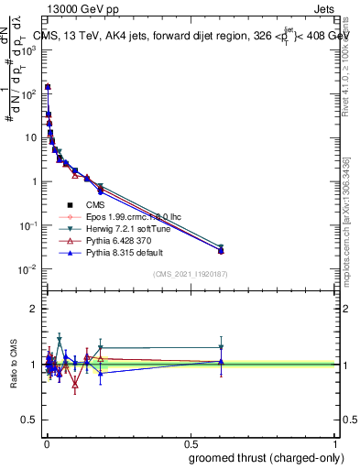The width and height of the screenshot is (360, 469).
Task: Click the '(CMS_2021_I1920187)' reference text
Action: pos(189,275)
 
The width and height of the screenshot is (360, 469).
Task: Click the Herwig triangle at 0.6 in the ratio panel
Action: pos(221,347)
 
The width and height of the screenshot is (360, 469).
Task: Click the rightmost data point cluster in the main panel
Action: pos(221,249)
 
